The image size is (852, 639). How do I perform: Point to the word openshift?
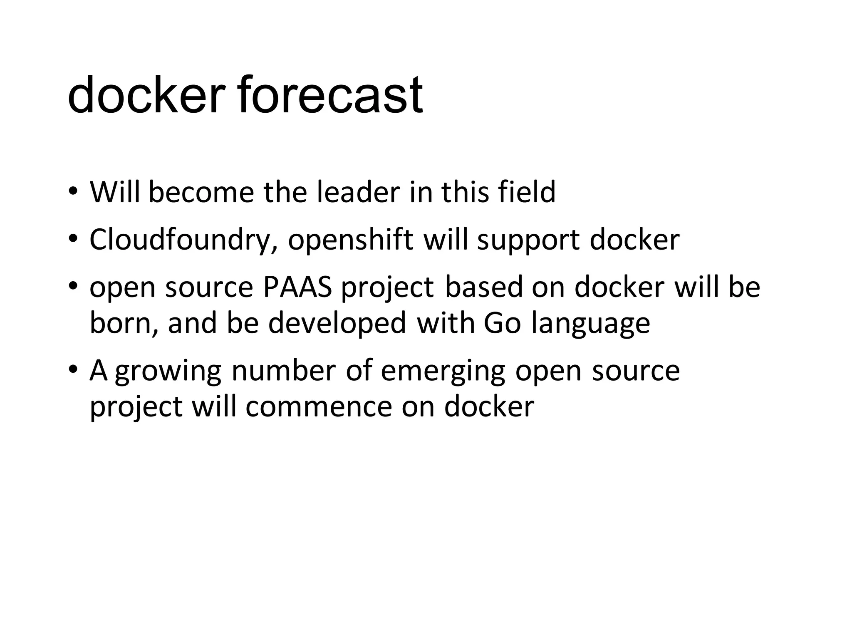350,240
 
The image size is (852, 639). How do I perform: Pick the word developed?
337,323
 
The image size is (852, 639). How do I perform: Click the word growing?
168,371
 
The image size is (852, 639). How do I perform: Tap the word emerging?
443,371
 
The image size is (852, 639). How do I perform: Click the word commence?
319,406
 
